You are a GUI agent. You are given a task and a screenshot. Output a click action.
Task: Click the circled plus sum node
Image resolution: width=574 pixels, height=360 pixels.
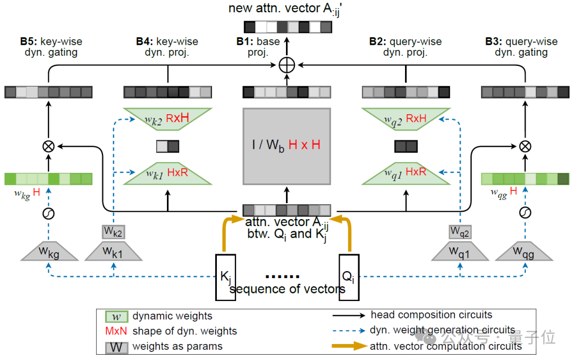[x=287, y=65]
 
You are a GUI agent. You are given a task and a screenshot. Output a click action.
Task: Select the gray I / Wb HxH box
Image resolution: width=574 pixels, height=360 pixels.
[x=287, y=145]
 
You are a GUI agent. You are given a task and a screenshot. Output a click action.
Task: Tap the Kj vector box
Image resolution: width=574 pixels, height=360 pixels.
[x=225, y=277]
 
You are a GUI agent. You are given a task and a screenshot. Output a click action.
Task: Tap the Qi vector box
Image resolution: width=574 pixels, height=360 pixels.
[x=349, y=277]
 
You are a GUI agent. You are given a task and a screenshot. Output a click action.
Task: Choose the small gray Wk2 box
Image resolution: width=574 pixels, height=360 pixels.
[x=113, y=231]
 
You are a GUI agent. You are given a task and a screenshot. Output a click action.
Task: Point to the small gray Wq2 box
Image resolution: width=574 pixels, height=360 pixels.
[x=460, y=231]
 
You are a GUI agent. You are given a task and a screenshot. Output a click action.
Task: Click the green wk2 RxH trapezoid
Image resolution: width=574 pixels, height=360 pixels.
[x=167, y=119]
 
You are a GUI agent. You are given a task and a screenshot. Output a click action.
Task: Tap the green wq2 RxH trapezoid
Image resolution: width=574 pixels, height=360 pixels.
[x=406, y=119]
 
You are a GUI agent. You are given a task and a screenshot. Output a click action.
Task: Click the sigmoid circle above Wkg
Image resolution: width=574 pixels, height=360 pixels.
[x=49, y=214]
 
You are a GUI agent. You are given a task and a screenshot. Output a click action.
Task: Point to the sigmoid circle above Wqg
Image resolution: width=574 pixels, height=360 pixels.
[x=525, y=214]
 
